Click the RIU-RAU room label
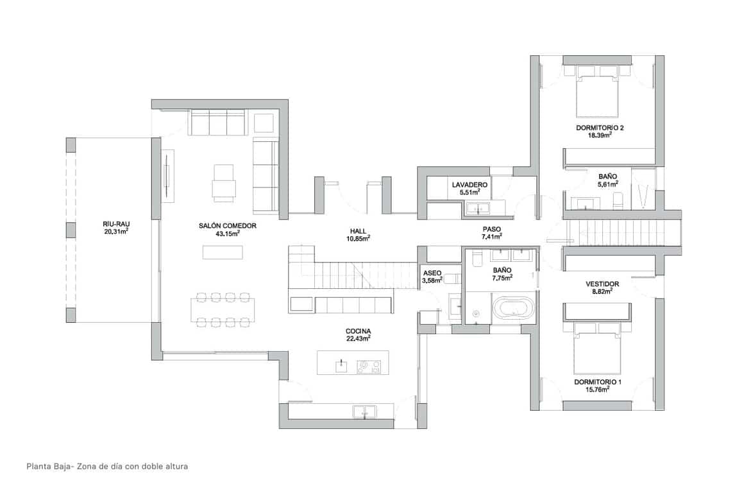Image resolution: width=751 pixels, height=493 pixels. tap(116, 223)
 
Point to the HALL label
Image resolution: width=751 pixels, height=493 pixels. tap(359, 230)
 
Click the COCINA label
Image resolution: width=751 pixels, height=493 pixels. tap(359, 331)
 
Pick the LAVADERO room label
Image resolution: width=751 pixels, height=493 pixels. tap(469, 185)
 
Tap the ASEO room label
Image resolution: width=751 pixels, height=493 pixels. tap(432, 272)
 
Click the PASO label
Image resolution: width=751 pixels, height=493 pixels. tap(492, 229)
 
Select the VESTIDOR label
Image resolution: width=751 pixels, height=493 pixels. tap(602, 283)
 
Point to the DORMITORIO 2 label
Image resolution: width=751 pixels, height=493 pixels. tap(600, 128)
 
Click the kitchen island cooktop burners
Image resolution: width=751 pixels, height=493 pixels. tap(368, 367)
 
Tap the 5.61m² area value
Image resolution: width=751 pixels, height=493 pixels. tap(607, 184)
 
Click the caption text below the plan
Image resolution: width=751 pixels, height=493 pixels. tap(106, 467)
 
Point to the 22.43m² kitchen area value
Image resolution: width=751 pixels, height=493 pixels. tap(359, 339)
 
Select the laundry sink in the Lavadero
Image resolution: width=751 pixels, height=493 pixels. tap(477, 208)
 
